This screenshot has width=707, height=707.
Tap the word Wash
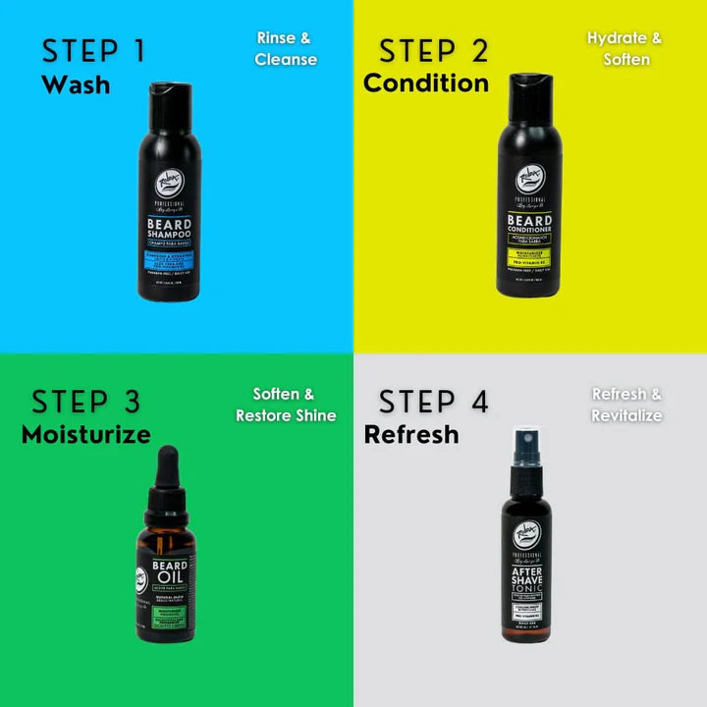click(76, 84)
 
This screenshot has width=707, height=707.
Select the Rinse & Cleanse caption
click(285, 49)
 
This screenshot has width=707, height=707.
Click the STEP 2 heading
click(434, 50)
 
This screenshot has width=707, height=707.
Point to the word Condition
click(425, 83)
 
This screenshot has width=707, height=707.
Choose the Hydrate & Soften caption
click(625, 49)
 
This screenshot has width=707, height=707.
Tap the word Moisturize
click(85, 434)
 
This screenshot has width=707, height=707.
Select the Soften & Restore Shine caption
click(285, 405)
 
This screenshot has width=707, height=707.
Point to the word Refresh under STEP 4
click(410, 434)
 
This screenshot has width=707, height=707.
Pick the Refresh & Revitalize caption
click(626, 405)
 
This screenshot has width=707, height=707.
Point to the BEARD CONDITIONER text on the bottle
click(530, 226)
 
